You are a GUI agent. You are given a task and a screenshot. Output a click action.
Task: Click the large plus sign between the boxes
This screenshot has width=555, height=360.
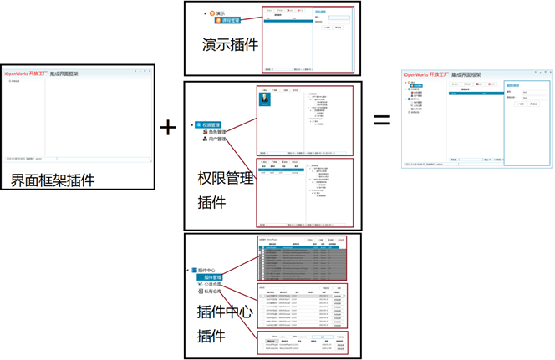168,127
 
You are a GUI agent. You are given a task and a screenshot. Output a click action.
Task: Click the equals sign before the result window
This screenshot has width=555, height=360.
381,119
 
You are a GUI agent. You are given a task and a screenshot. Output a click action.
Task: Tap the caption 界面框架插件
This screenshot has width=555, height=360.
53,180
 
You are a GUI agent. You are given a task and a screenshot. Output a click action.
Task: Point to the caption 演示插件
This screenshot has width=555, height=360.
230,44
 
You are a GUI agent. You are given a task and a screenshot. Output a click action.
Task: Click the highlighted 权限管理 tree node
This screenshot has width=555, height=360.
209,125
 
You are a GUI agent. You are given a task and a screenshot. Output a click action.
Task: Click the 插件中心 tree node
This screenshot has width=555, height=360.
209,271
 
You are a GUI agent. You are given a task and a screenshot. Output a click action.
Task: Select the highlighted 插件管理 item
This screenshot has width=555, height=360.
212,277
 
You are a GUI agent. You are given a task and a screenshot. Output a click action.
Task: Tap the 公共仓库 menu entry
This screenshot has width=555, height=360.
212,285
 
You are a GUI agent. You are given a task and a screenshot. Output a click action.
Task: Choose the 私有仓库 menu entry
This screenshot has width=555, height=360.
212,292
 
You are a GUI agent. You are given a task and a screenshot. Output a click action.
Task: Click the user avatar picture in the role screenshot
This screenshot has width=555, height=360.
265,99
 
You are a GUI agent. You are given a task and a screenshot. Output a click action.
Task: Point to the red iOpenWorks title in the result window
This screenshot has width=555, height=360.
423,75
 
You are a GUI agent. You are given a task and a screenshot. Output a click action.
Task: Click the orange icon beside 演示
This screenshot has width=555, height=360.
213,13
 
